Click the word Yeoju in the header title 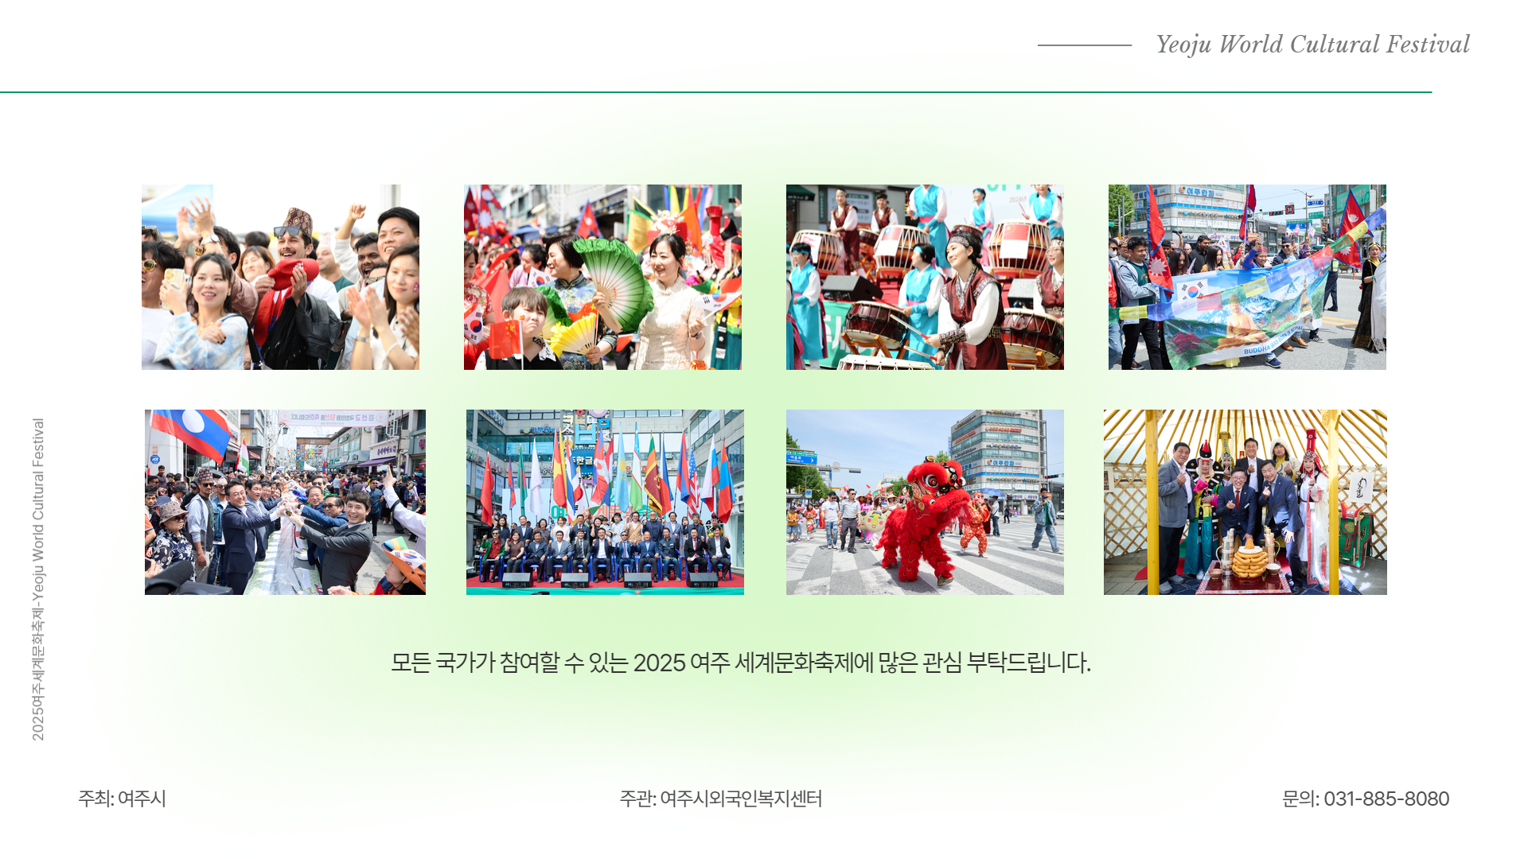pyautogui.click(x=1183, y=45)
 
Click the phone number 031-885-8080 pyautogui.click(x=1386, y=799)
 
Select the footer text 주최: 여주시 pyautogui.click(x=122, y=799)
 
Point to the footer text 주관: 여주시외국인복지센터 pyautogui.click(x=720, y=799)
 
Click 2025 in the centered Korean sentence pyautogui.click(x=659, y=663)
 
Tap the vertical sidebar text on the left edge pyautogui.click(x=38, y=579)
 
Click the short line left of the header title pyautogui.click(x=1085, y=45)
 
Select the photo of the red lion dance pyautogui.click(x=925, y=502)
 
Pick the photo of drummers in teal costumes pyautogui.click(x=925, y=277)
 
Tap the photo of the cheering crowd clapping pyautogui.click(x=280, y=277)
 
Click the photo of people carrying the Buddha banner pyautogui.click(x=1247, y=277)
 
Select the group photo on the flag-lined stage pyautogui.click(x=605, y=502)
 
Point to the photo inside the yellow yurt pyautogui.click(x=1245, y=502)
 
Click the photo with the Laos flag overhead pyautogui.click(x=285, y=502)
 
